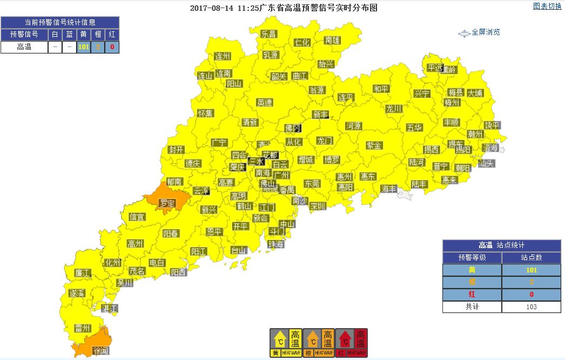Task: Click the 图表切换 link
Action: point(547,6)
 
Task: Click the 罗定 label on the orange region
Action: point(167,203)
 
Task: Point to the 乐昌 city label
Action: point(268,34)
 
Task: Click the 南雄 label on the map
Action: point(332,40)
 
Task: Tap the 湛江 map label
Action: point(110,308)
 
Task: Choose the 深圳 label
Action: point(318,206)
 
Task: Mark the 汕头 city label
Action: point(486,163)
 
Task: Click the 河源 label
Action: point(353,126)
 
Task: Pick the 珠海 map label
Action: point(276,244)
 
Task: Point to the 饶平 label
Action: point(492,125)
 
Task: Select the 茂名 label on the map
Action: point(137,271)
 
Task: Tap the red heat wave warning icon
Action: point(352,343)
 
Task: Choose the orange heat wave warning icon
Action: point(319,343)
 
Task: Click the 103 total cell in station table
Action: point(531,306)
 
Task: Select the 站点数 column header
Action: point(531,258)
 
